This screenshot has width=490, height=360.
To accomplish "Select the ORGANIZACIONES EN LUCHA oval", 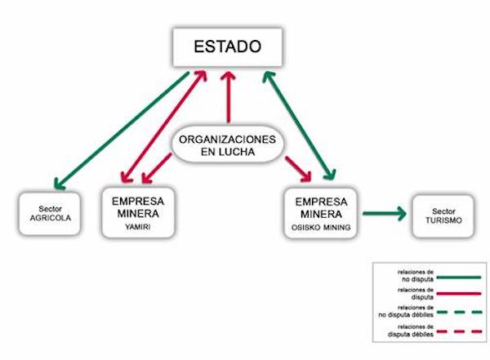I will pos(229,145).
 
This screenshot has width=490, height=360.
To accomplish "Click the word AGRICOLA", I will pos(50,220).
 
